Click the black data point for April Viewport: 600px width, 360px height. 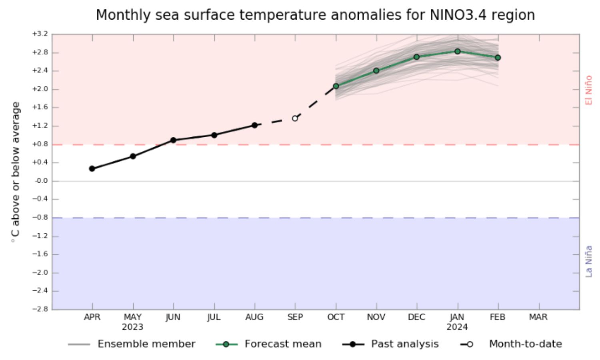click(92, 168)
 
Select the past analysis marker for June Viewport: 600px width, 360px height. click(173, 140)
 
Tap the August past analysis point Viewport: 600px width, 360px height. click(254, 125)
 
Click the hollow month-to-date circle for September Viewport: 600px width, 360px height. click(295, 118)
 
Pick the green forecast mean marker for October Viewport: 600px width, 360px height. click(336, 86)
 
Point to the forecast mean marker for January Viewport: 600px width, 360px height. click(457, 51)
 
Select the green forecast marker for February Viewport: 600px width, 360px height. click(498, 58)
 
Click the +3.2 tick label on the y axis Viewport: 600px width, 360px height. click(40, 34)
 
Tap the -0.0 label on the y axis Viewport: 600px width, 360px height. click(40, 181)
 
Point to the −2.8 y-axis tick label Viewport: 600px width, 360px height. click(40, 309)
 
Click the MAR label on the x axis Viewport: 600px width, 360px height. click(538, 317)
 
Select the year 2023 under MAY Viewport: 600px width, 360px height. click(132, 327)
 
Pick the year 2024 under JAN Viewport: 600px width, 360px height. click(457, 327)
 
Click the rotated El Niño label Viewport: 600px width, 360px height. click(588, 90)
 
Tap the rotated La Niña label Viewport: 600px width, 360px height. click(588, 261)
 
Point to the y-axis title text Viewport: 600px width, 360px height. click(15, 172)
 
